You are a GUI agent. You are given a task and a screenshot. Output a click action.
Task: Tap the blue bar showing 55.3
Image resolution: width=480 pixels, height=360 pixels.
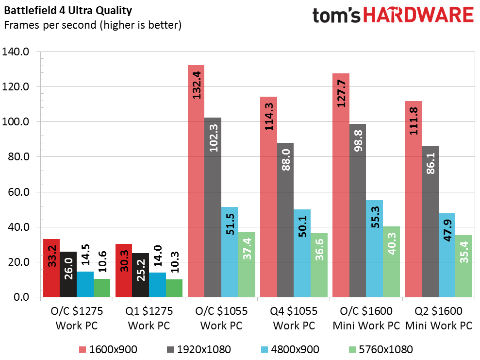[375, 248]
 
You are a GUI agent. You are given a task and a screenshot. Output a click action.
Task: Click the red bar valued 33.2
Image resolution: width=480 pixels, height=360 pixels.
[52, 268]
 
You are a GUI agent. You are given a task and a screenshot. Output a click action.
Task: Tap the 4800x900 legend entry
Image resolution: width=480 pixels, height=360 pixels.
[295, 349]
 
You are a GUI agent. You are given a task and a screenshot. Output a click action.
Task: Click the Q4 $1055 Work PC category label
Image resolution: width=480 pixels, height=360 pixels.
[294, 318]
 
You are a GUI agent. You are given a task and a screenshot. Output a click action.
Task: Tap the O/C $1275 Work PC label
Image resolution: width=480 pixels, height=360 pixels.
[76, 318]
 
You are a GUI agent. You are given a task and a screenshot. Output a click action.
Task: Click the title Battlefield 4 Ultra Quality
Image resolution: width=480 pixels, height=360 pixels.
[67, 10]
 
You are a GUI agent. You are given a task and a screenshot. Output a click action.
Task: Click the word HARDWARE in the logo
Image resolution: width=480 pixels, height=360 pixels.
[418, 15]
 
